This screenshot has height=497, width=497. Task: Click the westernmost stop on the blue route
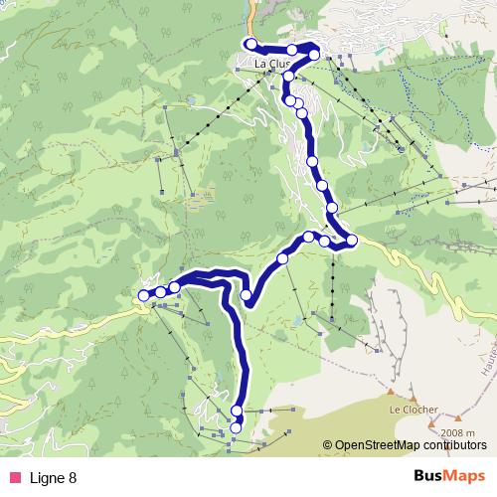coord(144,295)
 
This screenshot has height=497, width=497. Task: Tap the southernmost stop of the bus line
coord(236,428)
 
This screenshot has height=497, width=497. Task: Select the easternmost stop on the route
coord(352,240)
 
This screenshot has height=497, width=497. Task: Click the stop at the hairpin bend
coord(248,294)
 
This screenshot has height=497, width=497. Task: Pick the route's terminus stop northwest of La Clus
coord(250,44)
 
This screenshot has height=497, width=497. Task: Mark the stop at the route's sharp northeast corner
coord(314,55)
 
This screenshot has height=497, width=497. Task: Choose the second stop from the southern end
coord(237,411)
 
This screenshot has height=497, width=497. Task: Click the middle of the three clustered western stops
coord(160,291)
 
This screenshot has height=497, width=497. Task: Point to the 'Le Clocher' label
coord(409,409)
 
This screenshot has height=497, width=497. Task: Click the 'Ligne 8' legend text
coord(53,478)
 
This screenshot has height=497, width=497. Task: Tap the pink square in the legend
coord(14,478)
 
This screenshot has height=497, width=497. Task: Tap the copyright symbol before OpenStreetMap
coord(327,446)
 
